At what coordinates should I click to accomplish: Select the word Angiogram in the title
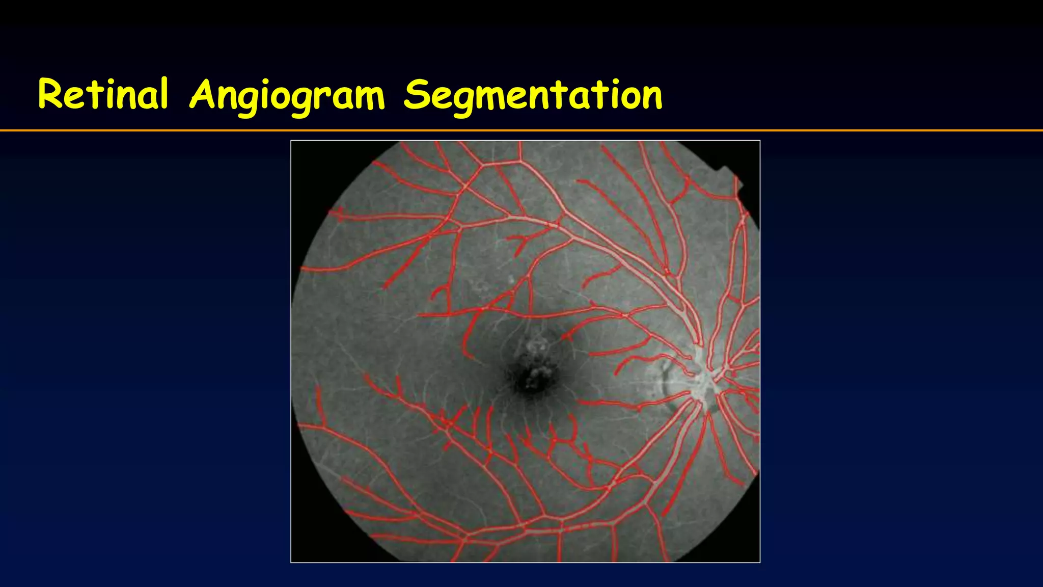287,96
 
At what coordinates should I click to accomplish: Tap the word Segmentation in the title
533,96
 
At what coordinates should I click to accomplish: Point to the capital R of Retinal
49,94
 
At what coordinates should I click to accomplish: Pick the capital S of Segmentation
417,95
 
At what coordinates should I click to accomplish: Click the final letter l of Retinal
163,93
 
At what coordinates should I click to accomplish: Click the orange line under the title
521,130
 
